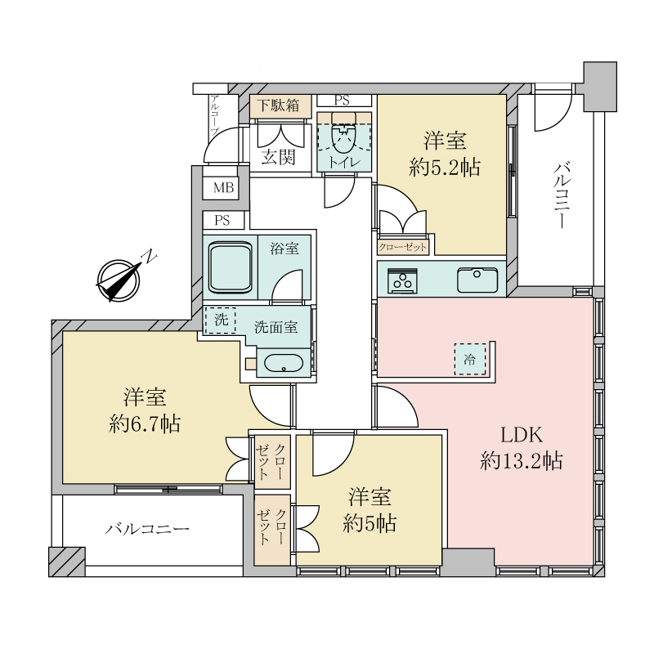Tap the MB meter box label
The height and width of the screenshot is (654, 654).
(x=223, y=188)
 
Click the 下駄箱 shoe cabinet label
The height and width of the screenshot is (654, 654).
(x=278, y=105)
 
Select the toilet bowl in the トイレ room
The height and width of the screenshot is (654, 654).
(x=343, y=137)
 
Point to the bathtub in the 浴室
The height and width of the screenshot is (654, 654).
(x=231, y=268)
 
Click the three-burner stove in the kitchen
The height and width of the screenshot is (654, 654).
(x=402, y=280)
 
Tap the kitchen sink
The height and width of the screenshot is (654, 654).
(x=477, y=280)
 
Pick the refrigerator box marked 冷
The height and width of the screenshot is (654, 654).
(x=470, y=359)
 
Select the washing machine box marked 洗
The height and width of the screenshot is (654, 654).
(x=220, y=320)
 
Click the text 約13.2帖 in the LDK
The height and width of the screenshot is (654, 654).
(x=522, y=461)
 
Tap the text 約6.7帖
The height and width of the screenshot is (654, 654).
(x=145, y=424)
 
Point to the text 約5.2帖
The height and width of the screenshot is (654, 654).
(x=445, y=168)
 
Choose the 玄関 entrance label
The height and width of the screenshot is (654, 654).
(x=279, y=157)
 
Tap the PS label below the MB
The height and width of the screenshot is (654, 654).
(x=222, y=220)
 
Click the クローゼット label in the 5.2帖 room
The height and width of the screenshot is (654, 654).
(x=402, y=248)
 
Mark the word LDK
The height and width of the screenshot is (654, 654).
(x=522, y=436)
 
